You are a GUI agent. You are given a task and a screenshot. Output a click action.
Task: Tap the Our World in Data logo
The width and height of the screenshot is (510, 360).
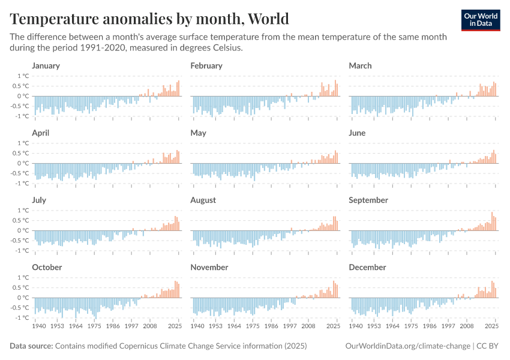point(480,19)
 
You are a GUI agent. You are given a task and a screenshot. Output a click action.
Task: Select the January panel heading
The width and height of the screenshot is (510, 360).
point(46,65)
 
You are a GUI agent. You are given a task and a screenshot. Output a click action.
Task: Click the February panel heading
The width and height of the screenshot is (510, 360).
point(206,65)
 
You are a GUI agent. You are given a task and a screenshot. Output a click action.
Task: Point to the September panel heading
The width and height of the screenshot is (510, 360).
point(368,200)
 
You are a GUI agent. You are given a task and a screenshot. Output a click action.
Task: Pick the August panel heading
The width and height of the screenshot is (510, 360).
point(203,200)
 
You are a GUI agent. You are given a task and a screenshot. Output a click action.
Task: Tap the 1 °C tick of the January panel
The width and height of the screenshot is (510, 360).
point(23,76)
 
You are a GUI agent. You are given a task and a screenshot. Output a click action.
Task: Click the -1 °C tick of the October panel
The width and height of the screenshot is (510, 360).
point(22,317)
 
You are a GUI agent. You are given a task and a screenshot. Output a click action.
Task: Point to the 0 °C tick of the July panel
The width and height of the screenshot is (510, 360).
point(23,230)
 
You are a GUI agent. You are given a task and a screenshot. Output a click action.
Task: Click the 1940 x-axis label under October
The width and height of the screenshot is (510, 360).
point(40,327)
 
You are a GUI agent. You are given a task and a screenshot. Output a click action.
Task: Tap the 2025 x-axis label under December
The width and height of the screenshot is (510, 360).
point(491,327)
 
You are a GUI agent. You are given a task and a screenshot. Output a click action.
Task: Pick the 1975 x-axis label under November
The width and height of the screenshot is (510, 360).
point(253,327)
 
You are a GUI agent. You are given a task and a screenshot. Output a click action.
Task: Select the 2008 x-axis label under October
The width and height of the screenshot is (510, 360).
point(150,327)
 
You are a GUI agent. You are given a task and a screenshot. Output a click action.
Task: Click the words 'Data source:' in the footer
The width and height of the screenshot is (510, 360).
point(31,346)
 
